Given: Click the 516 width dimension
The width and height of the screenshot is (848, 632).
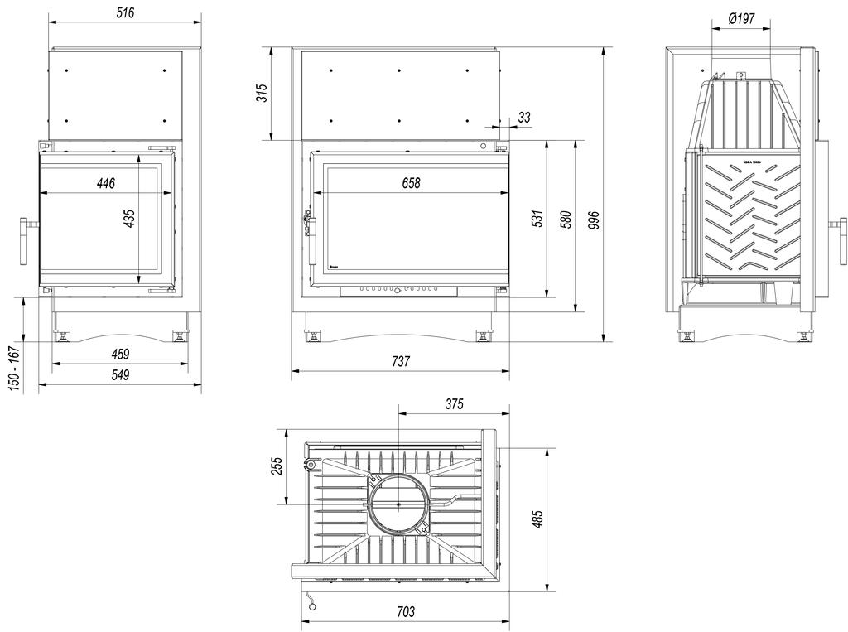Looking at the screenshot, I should click(123, 12).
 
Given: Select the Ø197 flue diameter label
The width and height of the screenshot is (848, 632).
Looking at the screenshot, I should click(741, 17).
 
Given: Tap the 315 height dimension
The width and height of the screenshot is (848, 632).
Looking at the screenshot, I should click(262, 93).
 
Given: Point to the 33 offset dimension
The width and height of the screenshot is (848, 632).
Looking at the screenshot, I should click(523, 118).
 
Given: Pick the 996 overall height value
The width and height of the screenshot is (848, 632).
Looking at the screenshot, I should click(592, 219).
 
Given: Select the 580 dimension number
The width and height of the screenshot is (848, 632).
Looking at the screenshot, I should click(566, 219).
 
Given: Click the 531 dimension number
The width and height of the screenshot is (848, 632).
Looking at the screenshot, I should click(537, 219).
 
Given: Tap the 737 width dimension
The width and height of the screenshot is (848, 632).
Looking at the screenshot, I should click(401, 361).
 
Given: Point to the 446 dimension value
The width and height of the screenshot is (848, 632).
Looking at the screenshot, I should click(105, 183).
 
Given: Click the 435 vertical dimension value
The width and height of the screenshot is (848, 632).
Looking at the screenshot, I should click(128, 219).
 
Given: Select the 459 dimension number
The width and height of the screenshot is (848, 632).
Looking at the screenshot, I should click(120, 355).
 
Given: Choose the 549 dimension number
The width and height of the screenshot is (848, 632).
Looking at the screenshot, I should click(120, 375).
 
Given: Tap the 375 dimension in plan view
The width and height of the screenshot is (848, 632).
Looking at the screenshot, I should click(453, 404).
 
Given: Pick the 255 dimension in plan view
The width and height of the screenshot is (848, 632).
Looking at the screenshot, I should click(277, 467).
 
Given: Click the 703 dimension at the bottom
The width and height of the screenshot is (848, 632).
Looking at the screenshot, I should click(405, 612).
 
